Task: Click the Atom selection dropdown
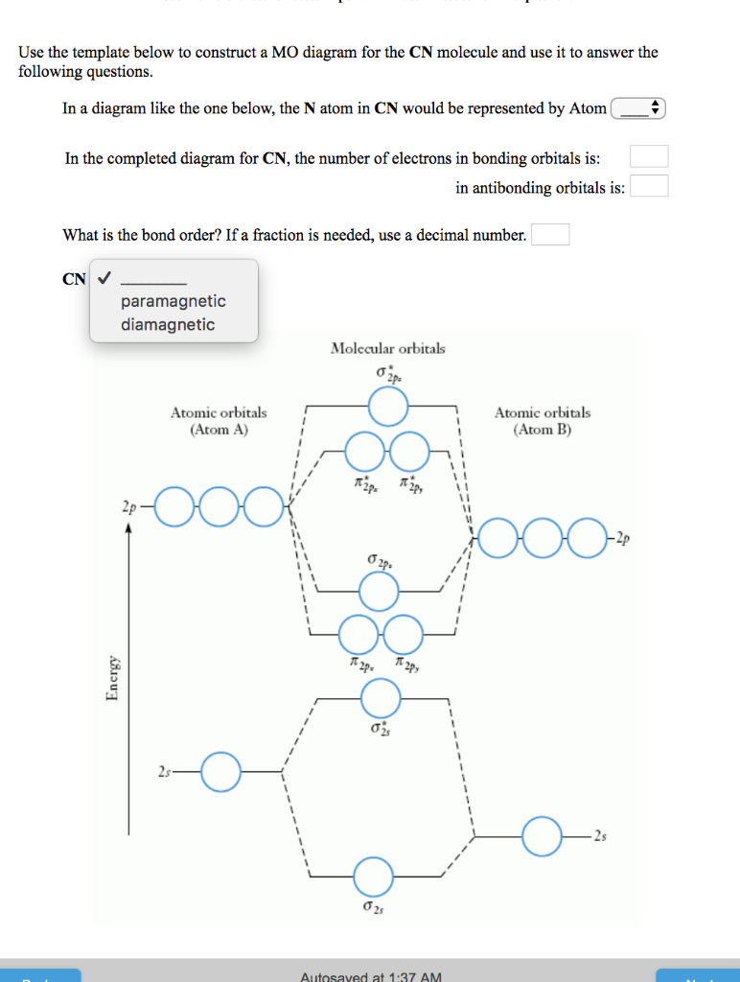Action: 638,109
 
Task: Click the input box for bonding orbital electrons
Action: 649,157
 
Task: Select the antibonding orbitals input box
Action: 649,187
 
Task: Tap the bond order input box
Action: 550,235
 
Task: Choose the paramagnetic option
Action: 173,301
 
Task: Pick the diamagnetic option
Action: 168,325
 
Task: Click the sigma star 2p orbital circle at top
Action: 388,407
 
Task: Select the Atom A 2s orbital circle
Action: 220,771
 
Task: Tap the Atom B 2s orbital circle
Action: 542,836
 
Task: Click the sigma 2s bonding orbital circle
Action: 373,877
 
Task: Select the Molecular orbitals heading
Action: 387,348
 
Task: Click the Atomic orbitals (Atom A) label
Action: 219,421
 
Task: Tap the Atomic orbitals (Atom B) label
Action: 543,421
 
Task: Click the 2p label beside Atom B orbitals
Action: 623,539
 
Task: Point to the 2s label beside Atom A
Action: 164,772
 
